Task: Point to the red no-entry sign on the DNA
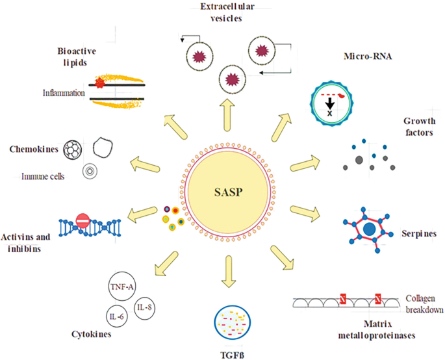pyautogui.click(x=83, y=222)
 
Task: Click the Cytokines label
pyautogui.click(x=90, y=335)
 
